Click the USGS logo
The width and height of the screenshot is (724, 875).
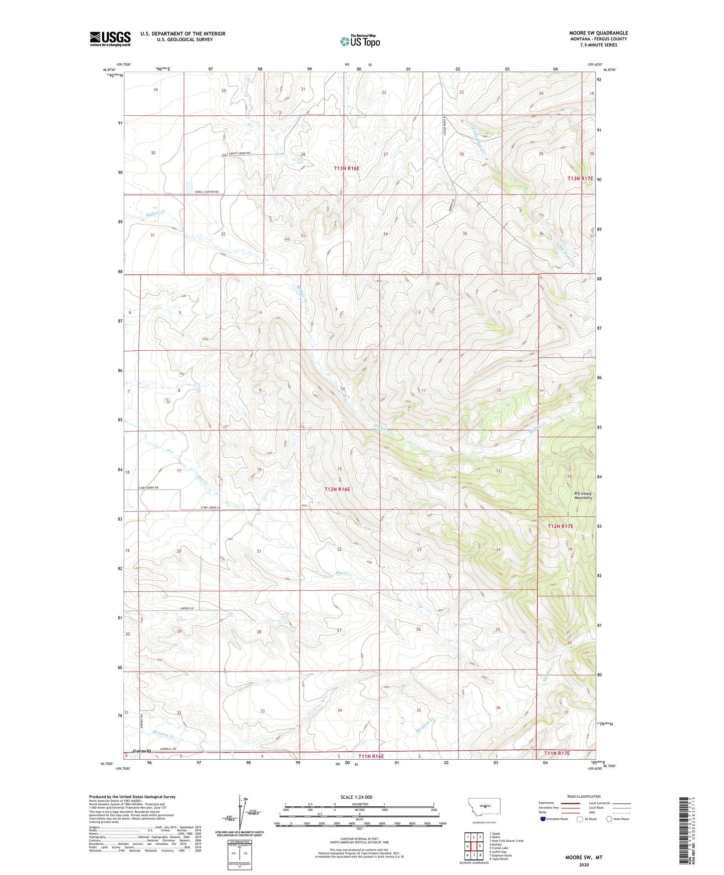(110, 39)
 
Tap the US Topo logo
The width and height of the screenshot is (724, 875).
(360, 41)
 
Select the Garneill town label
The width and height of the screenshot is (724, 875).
(142, 751)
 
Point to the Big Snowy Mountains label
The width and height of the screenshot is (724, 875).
(583, 496)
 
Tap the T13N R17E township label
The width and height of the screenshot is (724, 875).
(580, 178)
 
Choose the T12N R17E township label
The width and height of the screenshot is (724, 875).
(560, 526)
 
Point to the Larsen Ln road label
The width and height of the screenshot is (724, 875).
(186, 608)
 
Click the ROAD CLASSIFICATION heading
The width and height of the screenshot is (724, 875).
(584, 796)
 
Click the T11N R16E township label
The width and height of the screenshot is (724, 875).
(371, 756)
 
